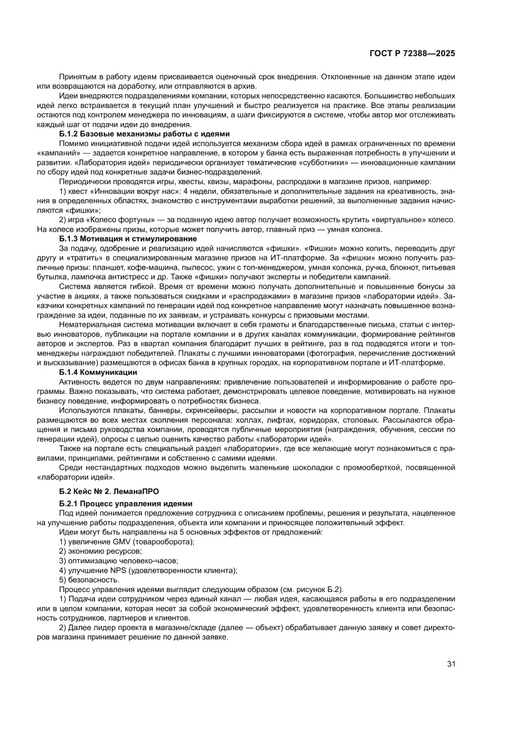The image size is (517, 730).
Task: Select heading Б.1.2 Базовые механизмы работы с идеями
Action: (x=144, y=134)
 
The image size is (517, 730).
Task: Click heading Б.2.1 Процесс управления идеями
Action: (x=126, y=503)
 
